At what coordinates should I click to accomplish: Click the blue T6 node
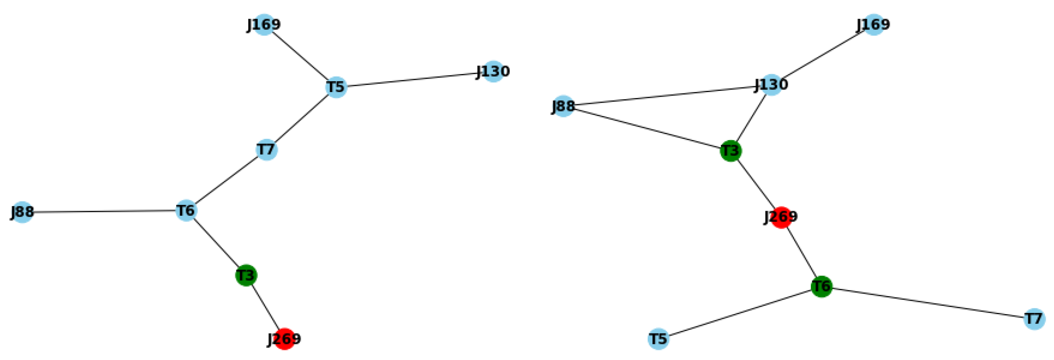point(186,210)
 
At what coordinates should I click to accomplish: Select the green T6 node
point(821,286)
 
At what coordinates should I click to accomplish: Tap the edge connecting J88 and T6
point(104,211)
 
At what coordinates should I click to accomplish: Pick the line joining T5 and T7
point(301,119)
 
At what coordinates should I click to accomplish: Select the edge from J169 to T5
point(300,56)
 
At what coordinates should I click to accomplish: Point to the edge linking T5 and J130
point(415,79)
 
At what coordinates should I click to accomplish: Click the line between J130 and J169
point(823,54)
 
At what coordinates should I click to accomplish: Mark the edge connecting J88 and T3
point(647,128)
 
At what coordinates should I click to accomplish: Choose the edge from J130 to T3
point(751,118)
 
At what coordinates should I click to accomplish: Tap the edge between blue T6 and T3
point(216,243)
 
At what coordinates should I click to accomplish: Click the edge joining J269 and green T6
point(801,252)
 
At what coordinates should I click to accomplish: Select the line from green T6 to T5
point(740,312)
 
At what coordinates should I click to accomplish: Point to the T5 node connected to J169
point(336,87)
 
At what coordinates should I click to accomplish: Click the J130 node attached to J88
point(771,85)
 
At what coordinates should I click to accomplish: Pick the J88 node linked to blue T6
point(22,212)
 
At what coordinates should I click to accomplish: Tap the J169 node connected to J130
point(874,24)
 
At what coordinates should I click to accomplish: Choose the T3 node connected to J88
point(731,151)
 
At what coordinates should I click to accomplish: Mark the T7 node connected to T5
point(266,149)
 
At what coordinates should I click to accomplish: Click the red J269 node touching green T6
point(781,217)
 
